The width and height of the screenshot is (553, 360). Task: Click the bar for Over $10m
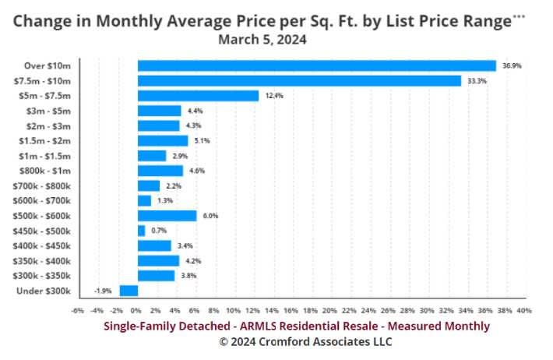point(317,66)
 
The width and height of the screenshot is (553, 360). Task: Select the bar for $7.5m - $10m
point(299,81)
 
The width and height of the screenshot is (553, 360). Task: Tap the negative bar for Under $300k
point(129,291)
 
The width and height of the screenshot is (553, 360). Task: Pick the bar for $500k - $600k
point(167,216)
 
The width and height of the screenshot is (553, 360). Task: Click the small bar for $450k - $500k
point(142,231)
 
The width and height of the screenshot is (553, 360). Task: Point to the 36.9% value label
point(512,66)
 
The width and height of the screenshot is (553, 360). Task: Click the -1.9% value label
point(103,291)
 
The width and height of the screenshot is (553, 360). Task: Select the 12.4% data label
point(274,96)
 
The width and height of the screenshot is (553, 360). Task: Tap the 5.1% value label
point(202,141)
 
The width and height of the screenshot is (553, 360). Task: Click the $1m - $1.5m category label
point(45,156)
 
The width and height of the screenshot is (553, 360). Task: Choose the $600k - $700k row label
point(41,201)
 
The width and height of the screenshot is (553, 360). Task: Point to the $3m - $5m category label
point(48,111)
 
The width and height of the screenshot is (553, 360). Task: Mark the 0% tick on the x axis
point(136,311)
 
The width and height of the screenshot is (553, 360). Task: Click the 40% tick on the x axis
point(524,311)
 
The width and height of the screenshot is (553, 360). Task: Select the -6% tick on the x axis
point(78,311)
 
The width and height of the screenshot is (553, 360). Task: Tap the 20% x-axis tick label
point(329,311)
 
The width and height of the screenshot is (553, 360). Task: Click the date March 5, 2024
point(262,40)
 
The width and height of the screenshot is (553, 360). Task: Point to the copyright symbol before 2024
point(224,341)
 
